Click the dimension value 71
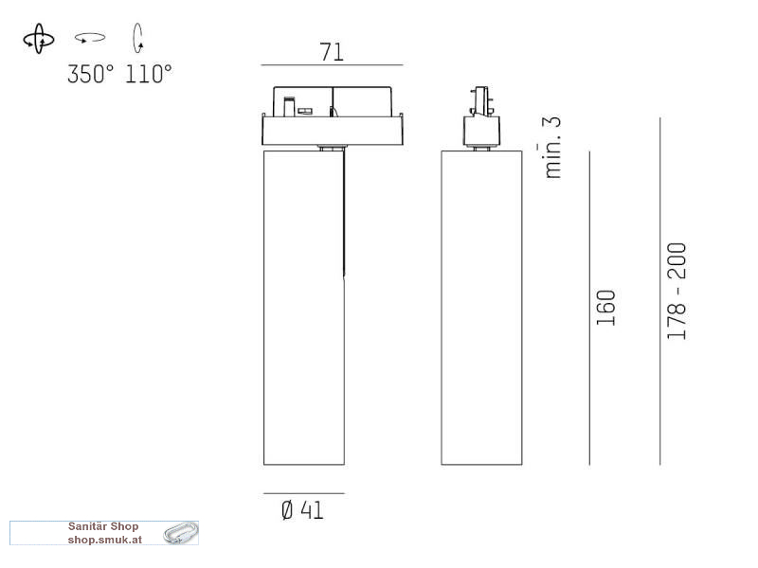point(332,52)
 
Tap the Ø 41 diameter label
point(302,510)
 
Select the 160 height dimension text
point(605,308)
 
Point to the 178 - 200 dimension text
point(677,291)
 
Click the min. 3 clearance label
point(551,148)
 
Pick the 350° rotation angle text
point(91,75)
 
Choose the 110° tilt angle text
point(149,75)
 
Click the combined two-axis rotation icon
point(39,39)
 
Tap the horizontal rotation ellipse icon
point(90,38)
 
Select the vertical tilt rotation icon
point(138,38)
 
